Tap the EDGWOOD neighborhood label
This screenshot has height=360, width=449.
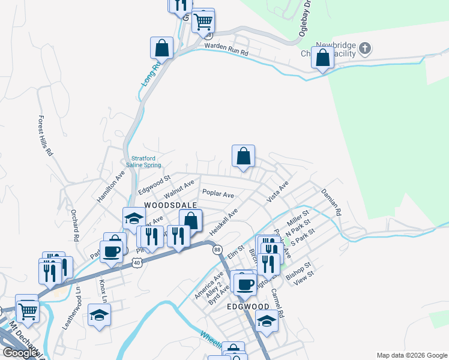pos(248,306)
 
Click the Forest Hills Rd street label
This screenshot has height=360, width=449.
pos(46,136)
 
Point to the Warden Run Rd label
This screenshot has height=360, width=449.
pos(226,49)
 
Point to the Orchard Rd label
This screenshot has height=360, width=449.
pos(75,225)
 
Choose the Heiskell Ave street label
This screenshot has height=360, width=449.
pos(224,222)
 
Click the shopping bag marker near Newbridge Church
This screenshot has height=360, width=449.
pos(323,58)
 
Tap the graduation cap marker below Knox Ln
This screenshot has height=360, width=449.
pos(100,314)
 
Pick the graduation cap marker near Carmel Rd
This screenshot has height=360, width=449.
pos(267,321)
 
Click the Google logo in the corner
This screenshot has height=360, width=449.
pos(20,353)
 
